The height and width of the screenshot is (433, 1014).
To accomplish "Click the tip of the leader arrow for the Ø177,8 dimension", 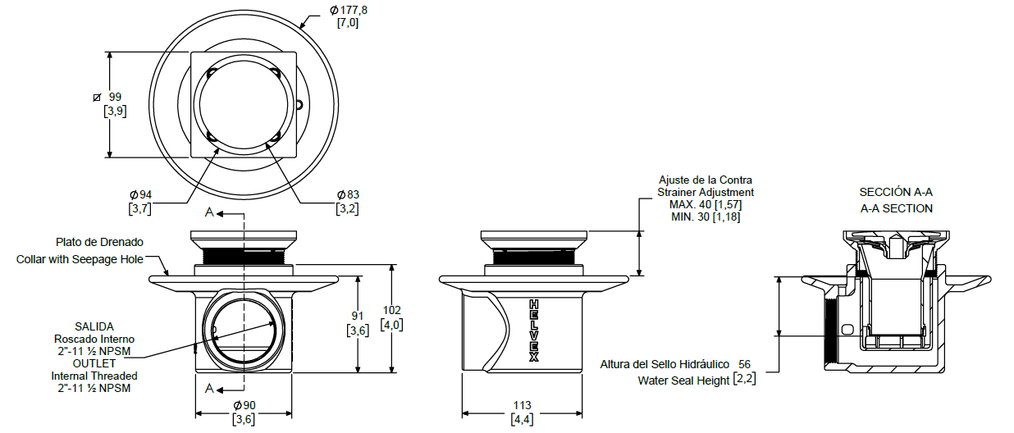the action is click(300, 29).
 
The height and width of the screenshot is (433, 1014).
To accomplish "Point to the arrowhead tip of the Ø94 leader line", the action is click(220, 148).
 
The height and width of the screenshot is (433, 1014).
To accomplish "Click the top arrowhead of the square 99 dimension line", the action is click(109, 52).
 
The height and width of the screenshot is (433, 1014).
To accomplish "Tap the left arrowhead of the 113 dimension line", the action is click(462, 413).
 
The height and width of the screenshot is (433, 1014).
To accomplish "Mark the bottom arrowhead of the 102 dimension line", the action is click(392, 372).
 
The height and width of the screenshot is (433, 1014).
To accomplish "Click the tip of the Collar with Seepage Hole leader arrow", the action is click(168, 275).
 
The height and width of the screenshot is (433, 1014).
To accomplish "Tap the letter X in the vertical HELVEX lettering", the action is click(534, 357).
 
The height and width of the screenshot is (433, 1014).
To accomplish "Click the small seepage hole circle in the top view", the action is click(299, 105).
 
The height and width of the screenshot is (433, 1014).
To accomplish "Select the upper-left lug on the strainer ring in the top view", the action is click(212, 73).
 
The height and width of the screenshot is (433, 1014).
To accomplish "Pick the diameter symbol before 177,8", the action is click(334, 10).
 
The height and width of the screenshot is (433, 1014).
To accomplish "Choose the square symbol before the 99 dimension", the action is click(97, 98).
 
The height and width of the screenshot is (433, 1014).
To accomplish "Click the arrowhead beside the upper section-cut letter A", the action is click(220, 213).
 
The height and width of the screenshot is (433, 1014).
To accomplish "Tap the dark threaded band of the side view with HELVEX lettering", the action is click(534, 258).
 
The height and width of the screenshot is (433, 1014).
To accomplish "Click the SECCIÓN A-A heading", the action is click(896, 192).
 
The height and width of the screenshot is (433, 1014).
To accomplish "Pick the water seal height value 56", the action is click(744, 364).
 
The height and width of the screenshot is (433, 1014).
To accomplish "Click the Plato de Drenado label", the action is click(99, 242).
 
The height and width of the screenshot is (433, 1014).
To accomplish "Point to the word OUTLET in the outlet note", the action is click(94, 363).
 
